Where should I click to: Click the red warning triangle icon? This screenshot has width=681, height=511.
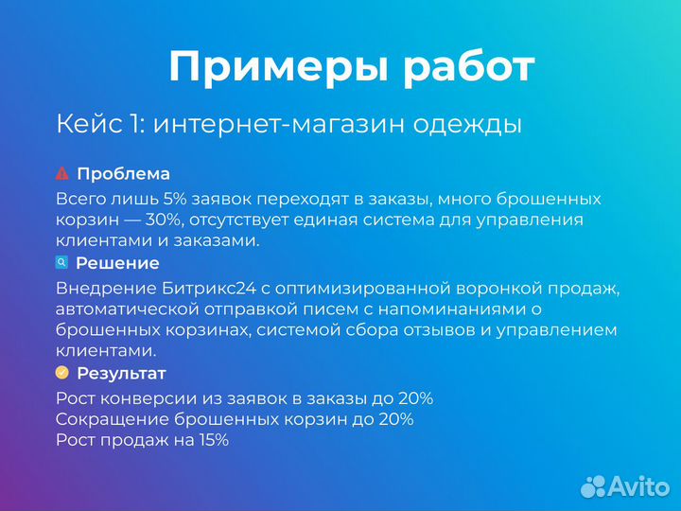click(62, 173)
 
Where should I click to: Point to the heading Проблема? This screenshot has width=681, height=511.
click(123, 174)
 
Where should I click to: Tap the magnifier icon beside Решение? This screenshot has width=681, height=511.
click(62, 263)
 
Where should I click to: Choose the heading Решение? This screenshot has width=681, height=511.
click(117, 264)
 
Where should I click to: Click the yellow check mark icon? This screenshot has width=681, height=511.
click(62, 373)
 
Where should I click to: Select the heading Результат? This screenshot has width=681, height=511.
click(121, 374)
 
